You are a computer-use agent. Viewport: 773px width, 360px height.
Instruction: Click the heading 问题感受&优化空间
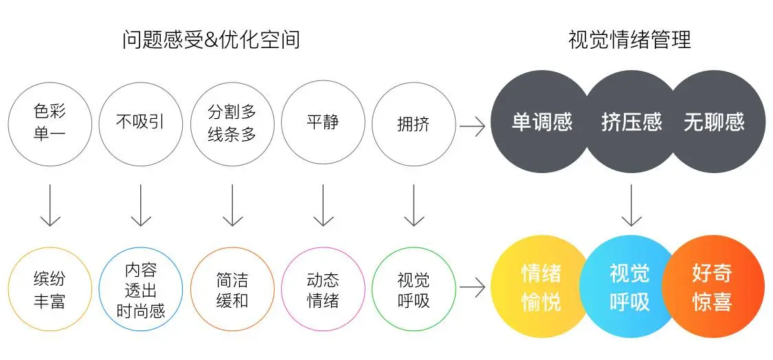pos(211,40)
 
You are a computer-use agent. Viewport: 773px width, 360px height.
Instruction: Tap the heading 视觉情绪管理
pos(629,40)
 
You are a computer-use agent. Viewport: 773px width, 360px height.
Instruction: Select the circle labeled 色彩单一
pos(49,124)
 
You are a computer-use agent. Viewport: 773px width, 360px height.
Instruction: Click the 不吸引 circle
pos(141,124)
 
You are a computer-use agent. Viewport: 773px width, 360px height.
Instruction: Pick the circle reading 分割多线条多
pos(232,124)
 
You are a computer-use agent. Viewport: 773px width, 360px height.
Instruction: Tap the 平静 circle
pos(323,124)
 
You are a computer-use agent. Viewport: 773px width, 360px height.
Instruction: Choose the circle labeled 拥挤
pos(414,124)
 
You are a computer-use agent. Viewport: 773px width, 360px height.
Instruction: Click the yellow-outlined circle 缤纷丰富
pos(49,289)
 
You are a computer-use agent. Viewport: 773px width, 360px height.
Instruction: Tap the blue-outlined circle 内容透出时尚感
pos(141,289)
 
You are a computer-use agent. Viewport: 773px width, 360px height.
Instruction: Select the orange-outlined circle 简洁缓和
pos(232,289)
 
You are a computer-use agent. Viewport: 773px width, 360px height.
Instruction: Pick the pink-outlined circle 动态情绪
pos(323,289)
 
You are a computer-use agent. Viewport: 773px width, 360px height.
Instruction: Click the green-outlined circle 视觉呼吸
pos(414,289)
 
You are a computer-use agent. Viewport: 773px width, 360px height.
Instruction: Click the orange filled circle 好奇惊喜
pos(715,287)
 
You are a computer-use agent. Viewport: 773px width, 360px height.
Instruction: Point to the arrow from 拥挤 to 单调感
pos(473,125)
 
